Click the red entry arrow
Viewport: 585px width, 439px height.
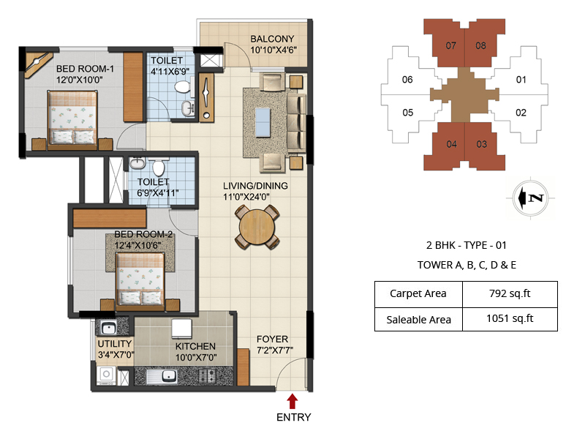(292, 401)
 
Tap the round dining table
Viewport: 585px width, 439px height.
(257, 228)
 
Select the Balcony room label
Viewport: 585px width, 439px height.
(272, 39)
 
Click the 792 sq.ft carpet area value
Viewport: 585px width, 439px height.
(510, 293)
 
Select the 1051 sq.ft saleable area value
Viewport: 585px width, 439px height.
(510, 318)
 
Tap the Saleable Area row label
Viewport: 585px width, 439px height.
(418, 320)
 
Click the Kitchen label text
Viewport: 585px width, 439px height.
(195, 346)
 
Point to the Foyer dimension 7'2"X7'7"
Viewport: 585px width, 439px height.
(275, 350)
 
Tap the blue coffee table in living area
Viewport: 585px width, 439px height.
(263, 122)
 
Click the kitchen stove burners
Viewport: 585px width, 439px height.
(208, 375)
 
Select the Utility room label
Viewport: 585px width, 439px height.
(115, 344)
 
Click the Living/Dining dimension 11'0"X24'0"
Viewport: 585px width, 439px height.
(246, 197)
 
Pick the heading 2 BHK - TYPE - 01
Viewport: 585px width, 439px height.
(467, 245)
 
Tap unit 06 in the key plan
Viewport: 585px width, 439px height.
(407, 80)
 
